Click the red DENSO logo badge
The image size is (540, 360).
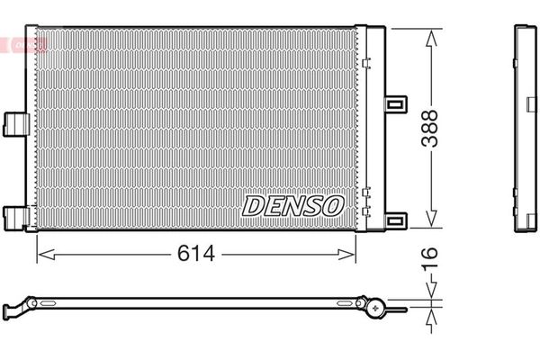pyautogui.click(x=25, y=42)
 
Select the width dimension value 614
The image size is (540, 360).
pyautogui.click(x=197, y=254)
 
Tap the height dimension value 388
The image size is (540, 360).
pyautogui.click(x=432, y=129)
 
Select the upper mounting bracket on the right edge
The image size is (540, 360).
pyautogui.click(x=394, y=103)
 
